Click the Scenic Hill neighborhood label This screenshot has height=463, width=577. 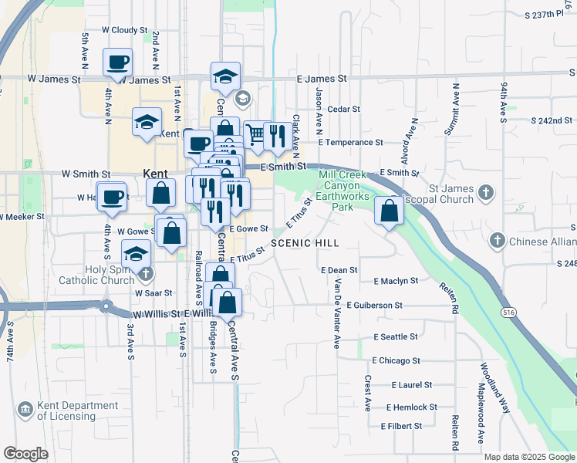(304, 243)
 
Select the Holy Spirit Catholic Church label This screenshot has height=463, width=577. (96, 275)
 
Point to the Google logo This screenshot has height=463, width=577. (25, 454)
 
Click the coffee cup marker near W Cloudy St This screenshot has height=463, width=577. (117, 62)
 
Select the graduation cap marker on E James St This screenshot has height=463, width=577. (225, 76)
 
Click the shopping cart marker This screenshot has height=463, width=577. (257, 135)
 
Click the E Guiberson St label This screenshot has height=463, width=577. (374, 306)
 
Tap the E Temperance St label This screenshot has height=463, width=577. (355, 143)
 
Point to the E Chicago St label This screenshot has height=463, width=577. (396, 360)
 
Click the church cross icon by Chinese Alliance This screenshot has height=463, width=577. (498, 242)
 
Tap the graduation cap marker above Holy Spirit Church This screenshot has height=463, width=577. (137, 252)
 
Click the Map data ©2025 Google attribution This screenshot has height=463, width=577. (529, 457)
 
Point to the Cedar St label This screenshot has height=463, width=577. (344, 110)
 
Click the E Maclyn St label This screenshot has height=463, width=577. (395, 282)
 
